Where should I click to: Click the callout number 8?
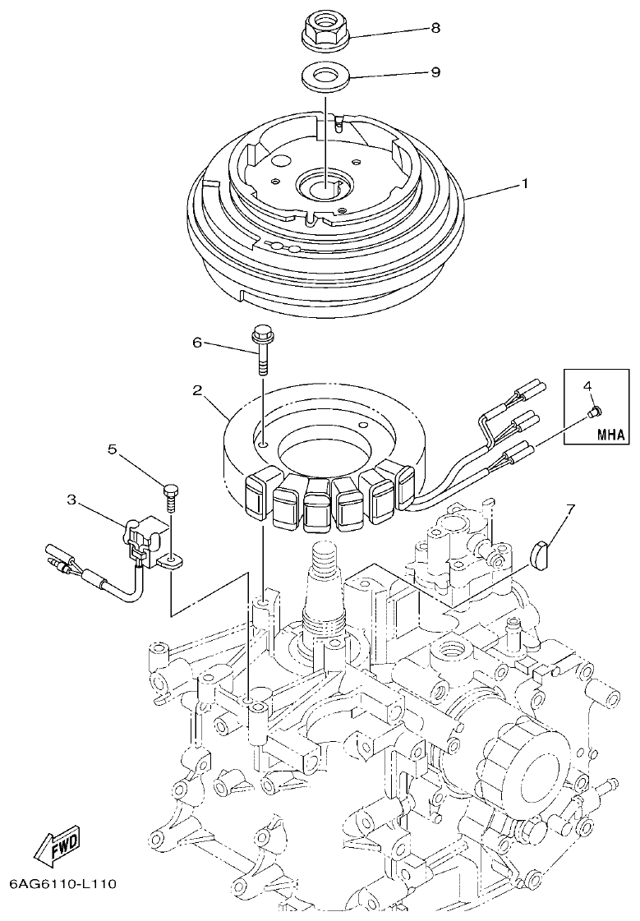pyautogui.click(x=435, y=27)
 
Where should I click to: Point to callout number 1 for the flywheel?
pyautogui.click(x=524, y=184)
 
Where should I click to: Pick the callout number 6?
pyautogui.click(x=197, y=343)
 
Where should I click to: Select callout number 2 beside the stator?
pyautogui.click(x=197, y=391)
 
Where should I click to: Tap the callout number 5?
pyautogui.click(x=113, y=449)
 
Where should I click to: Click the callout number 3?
pyautogui.click(x=71, y=498)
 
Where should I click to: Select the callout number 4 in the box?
pyautogui.click(x=587, y=385)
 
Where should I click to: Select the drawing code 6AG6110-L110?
pyautogui.click(x=63, y=885)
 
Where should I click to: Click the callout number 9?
pyautogui.click(x=435, y=72)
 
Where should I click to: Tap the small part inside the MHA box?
pyautogui.click(x=597, y=408)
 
